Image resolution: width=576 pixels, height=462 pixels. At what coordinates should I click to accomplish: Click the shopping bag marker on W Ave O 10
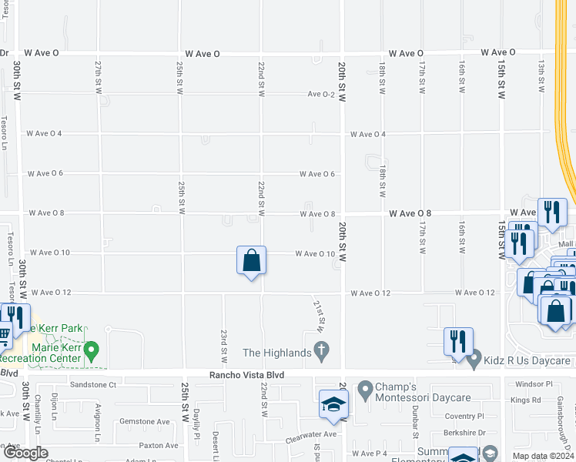pos(252,262)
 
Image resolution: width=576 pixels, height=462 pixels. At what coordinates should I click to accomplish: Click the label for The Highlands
pos(276,353)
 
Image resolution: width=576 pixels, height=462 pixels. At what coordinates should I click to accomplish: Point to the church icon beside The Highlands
pos(323,353)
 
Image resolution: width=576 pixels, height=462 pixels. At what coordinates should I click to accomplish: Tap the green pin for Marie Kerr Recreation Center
pos(91,352)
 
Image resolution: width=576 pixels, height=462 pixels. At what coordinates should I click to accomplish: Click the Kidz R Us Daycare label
pos(528,360)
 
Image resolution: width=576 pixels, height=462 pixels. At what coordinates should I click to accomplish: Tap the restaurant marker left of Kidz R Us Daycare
pos(459,340)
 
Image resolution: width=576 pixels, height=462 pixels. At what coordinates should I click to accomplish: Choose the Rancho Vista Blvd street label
pos(246,375)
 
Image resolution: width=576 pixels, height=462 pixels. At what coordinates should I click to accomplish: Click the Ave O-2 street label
pos(321,94)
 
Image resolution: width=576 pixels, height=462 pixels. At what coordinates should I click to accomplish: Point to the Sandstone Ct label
pos(92,384)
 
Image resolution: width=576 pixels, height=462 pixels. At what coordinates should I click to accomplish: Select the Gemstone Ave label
pos(143,422)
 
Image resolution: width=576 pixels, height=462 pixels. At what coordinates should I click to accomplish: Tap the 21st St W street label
pos(318,316)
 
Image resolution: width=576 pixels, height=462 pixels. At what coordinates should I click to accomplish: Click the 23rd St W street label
pos(224,347)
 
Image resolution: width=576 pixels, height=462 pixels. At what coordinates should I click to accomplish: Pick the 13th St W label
pos(541,72)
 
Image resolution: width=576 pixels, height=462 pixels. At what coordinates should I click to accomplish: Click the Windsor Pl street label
pos(534,383)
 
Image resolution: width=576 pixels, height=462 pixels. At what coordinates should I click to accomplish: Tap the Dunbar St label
pos(415,416)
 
